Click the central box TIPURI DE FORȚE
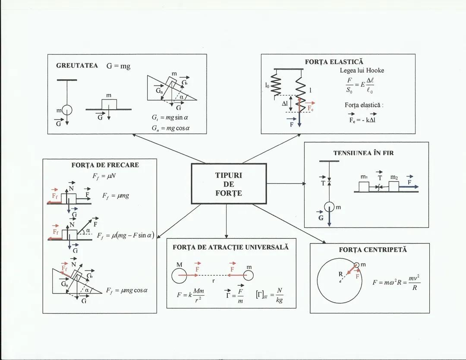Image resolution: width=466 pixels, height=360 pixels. tap(229, 184)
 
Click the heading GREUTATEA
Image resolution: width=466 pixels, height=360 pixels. tap(77, 66)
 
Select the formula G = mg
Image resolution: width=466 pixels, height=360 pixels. tap(118, 66)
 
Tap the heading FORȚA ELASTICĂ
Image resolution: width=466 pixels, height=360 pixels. tap(334, 62)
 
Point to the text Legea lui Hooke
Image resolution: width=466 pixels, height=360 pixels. tap(362, 70)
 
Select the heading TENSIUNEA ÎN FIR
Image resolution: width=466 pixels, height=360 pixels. tap(363, 153)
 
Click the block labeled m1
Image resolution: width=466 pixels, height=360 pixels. tap(364, 186)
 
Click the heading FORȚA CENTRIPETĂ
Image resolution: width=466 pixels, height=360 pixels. tap(373, 249)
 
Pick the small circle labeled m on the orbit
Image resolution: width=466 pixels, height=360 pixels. tap(356, 265)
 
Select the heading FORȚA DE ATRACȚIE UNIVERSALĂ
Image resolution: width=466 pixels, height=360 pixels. tap(231, 247)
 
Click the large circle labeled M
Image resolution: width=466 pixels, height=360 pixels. tap(179, 275)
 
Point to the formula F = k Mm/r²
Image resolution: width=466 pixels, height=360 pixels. tap(191, 296)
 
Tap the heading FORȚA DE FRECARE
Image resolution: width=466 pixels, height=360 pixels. tap(105, 165)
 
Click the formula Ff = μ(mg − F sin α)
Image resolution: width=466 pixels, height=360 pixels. tap(126, 236)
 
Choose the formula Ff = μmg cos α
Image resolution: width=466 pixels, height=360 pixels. tap(127, 291)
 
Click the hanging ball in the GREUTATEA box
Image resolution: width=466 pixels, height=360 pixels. tap(67, 111)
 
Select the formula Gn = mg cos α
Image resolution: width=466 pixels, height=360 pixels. tap(170, 128)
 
